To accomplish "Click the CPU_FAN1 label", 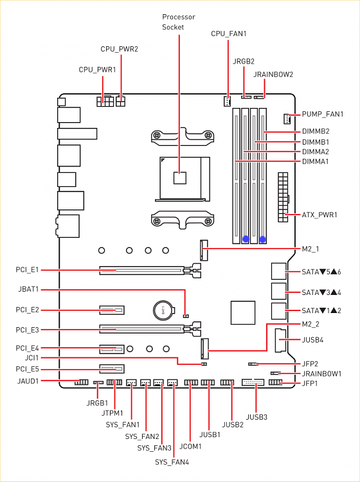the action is (x=228, y=33).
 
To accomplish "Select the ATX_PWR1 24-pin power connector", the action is (x=283, y=197).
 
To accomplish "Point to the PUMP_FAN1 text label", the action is (x=323, y=114).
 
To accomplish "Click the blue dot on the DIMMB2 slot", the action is (x=262, y=238).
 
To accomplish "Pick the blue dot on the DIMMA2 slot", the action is (x=246, y=238).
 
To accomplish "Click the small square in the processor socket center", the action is (x=180, y=178).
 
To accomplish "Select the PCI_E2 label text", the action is (x=28, y=310).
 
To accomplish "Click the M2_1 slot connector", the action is (x=204, y=249).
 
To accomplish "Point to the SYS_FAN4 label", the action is (x=172, y=462).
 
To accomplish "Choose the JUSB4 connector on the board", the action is (x=280, y=340).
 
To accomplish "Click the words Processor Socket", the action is (x=179, y=22).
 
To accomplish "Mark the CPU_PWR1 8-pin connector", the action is (x=105, y=101).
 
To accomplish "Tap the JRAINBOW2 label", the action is (x=273, y=75).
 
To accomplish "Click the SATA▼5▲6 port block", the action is (x=279, y=271).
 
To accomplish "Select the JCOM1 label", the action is (x=190, y=446).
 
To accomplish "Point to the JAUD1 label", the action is (x=28, y=381).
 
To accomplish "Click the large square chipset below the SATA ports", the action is (x=243, y=312).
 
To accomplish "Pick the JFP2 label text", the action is (x=310, y=364).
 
